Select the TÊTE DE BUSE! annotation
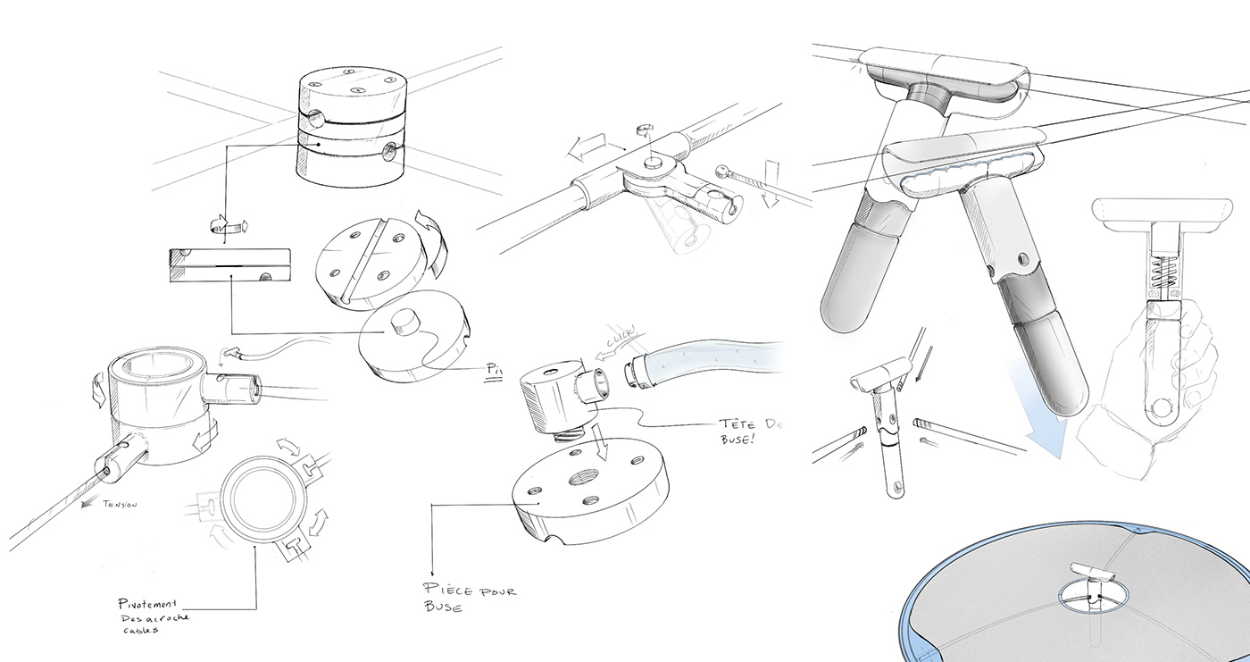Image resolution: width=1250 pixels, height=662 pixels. (748, 432)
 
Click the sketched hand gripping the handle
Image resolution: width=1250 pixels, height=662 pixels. (1152, 393)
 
